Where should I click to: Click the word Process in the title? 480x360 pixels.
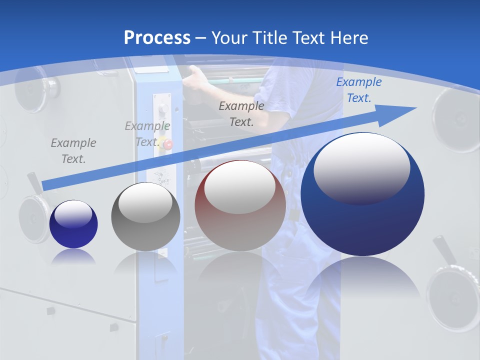click(x=157, y=38)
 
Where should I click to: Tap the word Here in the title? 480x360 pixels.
click(x=348, y=38)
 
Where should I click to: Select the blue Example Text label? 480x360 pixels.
click(x=358, y=90)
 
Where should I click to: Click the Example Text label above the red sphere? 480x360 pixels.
click(x=241, y=113)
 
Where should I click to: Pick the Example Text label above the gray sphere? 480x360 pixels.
click(x=147, y=134)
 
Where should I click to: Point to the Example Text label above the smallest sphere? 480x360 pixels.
click(x=73, y=150)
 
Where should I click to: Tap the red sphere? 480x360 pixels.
click(x=240, y=220)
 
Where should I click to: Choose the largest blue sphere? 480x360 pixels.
click(x=362, y=220)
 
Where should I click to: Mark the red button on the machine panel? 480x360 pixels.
click(x=168, y=145)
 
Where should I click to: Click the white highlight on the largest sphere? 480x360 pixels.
click(x=361, y=167)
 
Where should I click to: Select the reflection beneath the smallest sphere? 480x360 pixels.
click(x=73, y=256)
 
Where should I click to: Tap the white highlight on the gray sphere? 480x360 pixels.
click(x=145, y=202)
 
